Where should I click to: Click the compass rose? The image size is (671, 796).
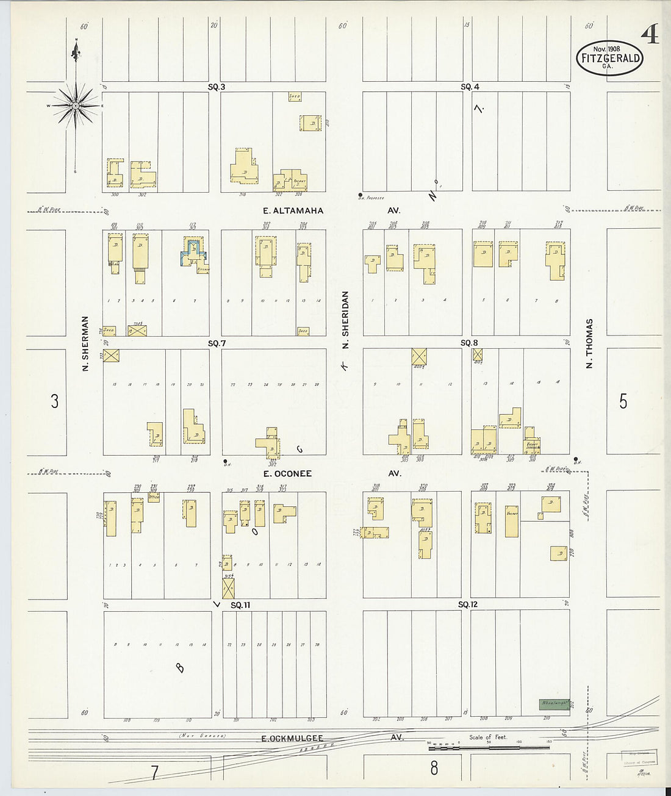click(x=76, y=106)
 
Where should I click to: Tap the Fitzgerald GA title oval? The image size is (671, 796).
click(x=609, y=59)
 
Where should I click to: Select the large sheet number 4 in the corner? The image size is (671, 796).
click(x=650, y=36)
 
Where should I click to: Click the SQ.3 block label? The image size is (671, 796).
click(x=217, y=87)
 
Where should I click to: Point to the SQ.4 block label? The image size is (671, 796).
click(x=470, y=87)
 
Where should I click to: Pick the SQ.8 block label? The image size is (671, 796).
click(x=469, y=343)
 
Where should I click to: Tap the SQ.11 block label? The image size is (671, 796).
click(x=241, y=605)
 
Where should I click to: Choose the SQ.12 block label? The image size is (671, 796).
click(x=468, y=604)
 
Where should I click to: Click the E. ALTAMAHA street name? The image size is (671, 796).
click(x=293, y=210)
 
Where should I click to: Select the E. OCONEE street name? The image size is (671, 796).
click(x=287, y=473)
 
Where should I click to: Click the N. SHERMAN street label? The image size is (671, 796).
click(x=85, y=343)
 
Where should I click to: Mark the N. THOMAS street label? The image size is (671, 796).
click(x=589, y=343)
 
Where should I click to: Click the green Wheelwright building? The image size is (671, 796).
click(x=554, y=703)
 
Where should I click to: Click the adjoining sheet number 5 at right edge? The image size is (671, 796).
click(x=623, y=401)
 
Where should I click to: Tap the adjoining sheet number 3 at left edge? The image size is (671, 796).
click(x=54, y=401)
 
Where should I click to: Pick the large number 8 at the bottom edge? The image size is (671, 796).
click(x=434, y=768)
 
